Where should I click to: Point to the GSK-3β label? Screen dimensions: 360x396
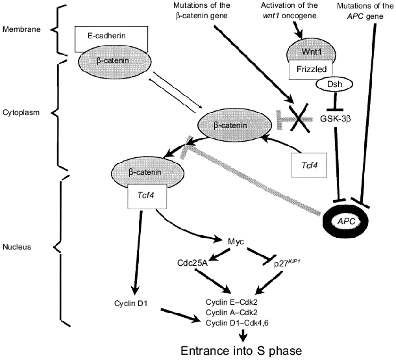pyautogui.click(x=335, y=118)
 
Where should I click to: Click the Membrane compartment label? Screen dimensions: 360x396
pyautogui.click(x=23, y=29)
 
